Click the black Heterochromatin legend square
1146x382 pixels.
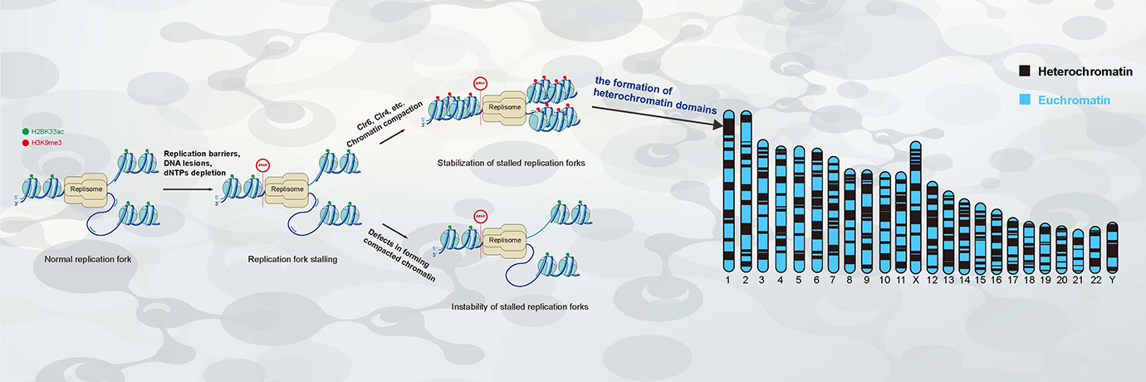pyautogui.click(x=1025, y=71)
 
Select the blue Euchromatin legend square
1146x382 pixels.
pyautogui.click(x=1025, y=100)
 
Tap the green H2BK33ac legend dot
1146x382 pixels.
pyautogui.click(x=26, y=132)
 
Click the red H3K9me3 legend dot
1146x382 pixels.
pyautogui.click(x=26, y=143)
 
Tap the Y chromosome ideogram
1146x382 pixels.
pyautogui.click(x=1113, y=247)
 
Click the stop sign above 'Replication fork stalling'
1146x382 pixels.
pyautogui.click(x=264, y=165)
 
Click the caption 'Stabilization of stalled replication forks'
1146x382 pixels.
pyautogui.click(x=512, y=163)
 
